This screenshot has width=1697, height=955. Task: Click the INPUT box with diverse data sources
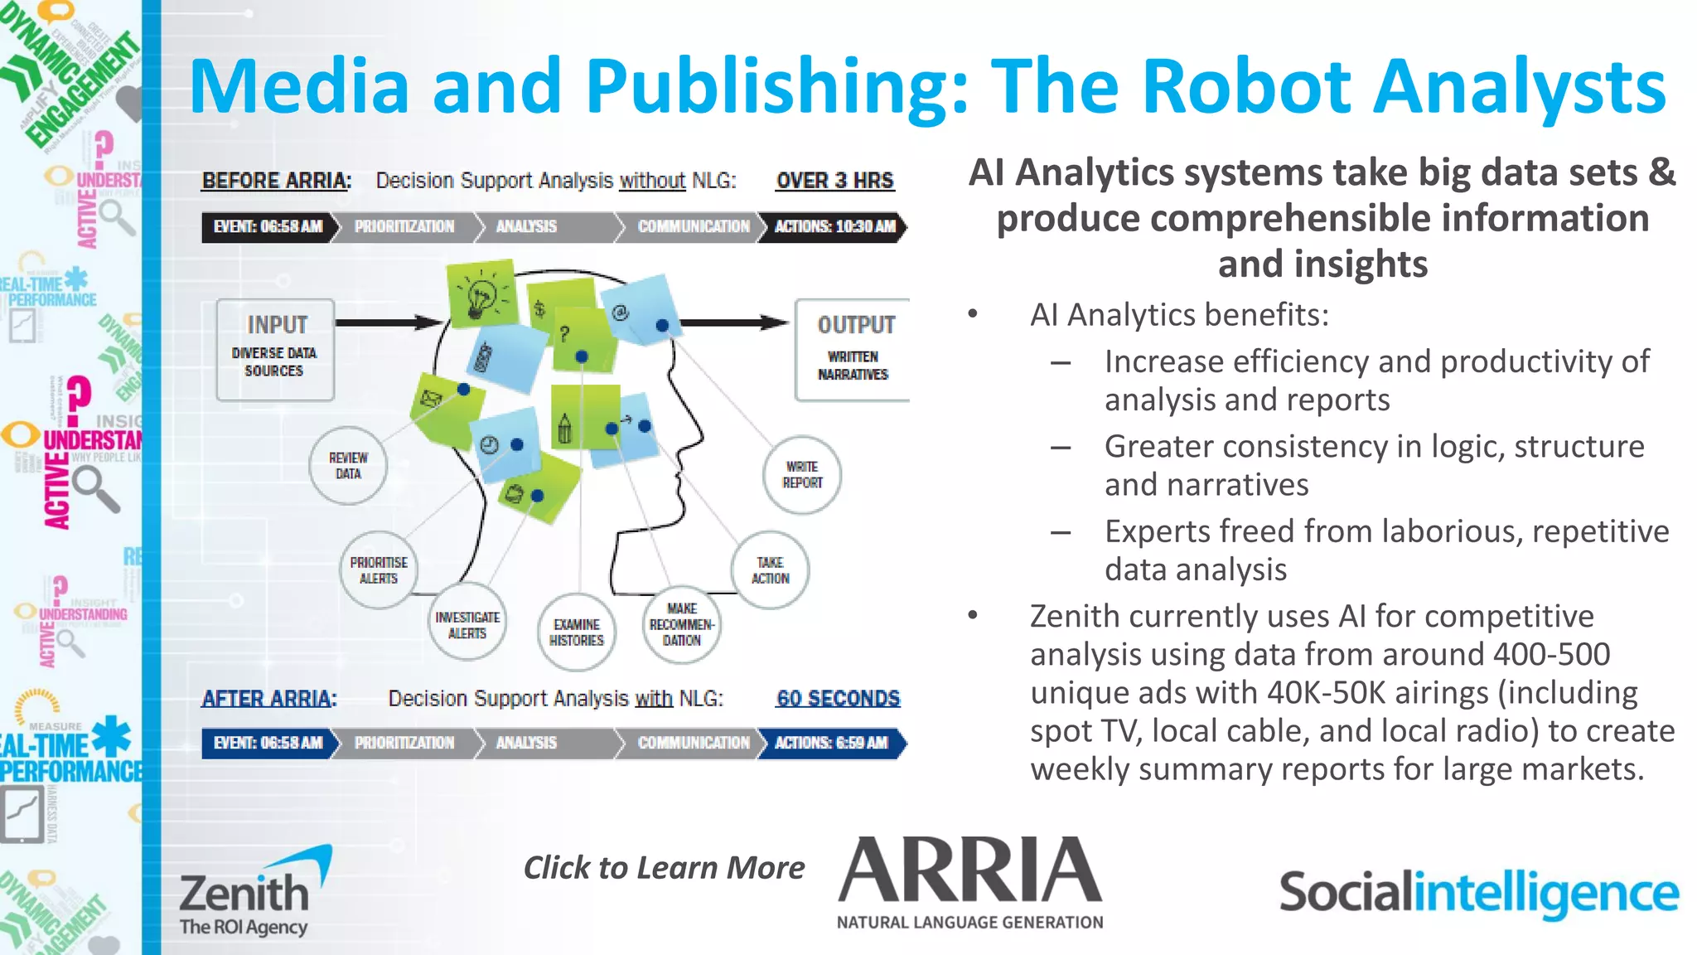coord(275,350)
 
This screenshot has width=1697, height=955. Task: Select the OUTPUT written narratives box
coord(853,350)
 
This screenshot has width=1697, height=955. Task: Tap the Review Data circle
coord(348,466)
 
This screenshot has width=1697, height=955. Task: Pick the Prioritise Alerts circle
coord(379,570)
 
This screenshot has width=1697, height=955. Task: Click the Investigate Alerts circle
coord(467,625)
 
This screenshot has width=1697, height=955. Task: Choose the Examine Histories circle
coord(577,633)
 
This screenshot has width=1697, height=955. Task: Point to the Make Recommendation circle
coord(682,624)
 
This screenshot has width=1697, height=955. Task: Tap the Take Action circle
coord(771,570)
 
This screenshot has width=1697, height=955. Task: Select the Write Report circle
coord(802,475)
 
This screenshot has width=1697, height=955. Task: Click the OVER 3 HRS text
coord(834,181)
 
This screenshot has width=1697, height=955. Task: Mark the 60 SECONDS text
coord(838,699)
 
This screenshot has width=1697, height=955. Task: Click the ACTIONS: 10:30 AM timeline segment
coord(834,226)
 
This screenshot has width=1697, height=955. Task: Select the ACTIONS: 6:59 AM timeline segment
coord(832,743)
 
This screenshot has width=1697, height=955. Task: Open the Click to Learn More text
coord(664,868)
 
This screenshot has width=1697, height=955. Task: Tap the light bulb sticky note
coord(482,294)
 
